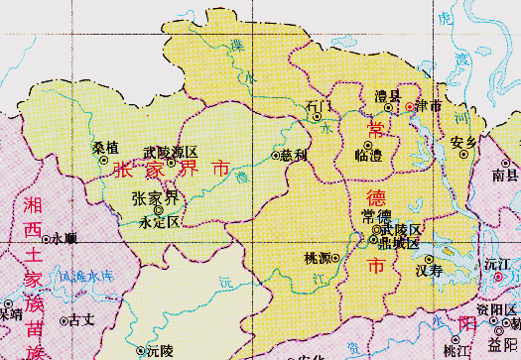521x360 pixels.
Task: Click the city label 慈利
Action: click(x=295, y=155)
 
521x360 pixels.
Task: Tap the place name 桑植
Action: click(x=105, y=148)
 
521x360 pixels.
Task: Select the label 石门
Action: click(x=320, y=104)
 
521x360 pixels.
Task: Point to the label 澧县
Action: click(x=386, y=95)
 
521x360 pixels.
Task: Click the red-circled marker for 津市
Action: click(x=409, y=105)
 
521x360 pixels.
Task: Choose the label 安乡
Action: click(x=463, y=142)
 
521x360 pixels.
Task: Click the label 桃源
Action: click(x=318, y=258)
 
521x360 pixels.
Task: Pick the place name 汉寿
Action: click(x=429, y=269)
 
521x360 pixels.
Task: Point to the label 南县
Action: click(x=505, y=176)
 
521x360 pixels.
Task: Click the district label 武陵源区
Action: click(x=171, y=152)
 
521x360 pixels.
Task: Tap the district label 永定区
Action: click(x=160, y=222)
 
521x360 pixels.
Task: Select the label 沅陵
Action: click(x=159, y=350)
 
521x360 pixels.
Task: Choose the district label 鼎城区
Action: click(x=395, y=241)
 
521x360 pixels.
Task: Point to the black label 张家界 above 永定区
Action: click(x=156, y=197)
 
